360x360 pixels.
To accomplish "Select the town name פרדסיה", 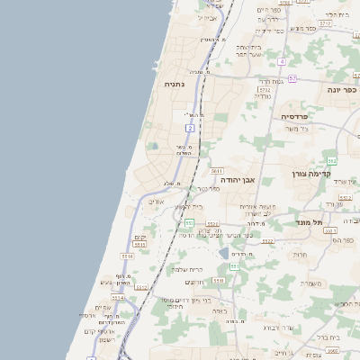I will coord(294,117).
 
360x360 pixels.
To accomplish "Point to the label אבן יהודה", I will coord(238,180).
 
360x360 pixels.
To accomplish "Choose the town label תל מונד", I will coord(309,219).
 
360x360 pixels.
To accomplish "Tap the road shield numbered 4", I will coord(282,61).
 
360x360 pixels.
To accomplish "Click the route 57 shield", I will coord(292,78).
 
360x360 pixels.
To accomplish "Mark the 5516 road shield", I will coord(127,256).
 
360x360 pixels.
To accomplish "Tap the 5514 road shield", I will coord(117,296).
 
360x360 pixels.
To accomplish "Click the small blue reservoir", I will coord(223,255).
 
